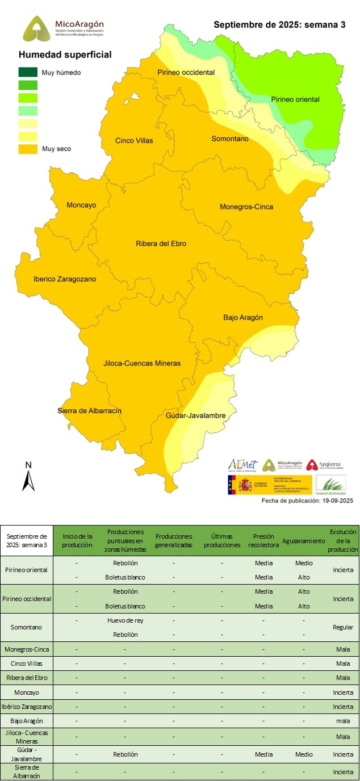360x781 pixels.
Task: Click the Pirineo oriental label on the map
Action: tap(295, 99)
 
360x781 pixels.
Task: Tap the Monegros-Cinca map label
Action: tap(246, 207)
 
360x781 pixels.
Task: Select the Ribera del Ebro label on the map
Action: tap(161, 244)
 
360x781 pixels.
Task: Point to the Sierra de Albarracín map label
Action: tap(90, 411)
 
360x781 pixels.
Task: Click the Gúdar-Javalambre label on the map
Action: tap(196, 415)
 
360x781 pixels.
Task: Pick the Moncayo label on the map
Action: tap(81, 205)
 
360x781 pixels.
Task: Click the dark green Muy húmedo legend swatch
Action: tap(28, 73)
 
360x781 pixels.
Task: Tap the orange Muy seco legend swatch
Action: tap(28, 149)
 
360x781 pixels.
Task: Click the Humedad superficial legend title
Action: tap(65, 55)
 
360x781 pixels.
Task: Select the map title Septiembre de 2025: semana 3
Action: tap(279, 25)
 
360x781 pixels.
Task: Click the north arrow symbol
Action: tap(28, 478)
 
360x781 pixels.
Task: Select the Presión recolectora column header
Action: tap(263, 540)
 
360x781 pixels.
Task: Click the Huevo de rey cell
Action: tap(125, 620)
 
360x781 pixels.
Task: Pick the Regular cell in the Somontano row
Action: tap(342, 627)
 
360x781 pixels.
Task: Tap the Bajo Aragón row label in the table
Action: tap(27, 721)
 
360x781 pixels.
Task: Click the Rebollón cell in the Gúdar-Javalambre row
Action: tap(125, 754)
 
